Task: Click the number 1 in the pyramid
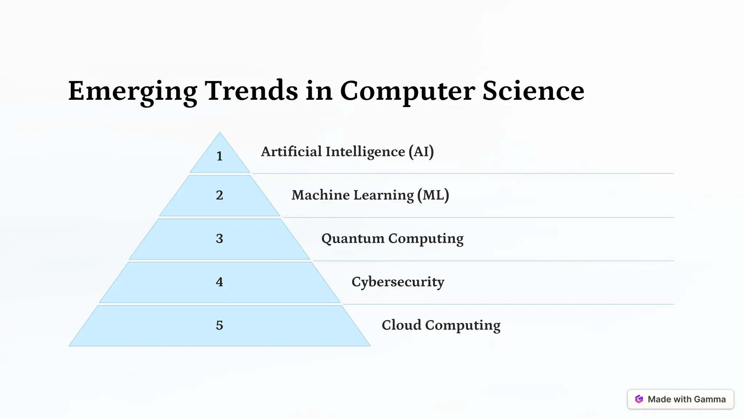click(x=219, y=156)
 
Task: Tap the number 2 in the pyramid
click(x=219, y=195)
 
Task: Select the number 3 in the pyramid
click(x=219, y=239)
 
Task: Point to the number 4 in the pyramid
click(x=219, y=282)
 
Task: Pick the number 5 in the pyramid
click(x=219, y=325)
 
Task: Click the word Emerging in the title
click(x=133, y=91)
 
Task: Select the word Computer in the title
click(x=407, y=91)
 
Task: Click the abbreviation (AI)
click(x=421, y=152)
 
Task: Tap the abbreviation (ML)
click(x=433, y=195)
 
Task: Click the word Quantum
click(x=352, y=239)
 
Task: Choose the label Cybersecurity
click(x=398, y=282)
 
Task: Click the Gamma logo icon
click(x=639, y=399)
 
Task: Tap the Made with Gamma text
click(x=687, y=399)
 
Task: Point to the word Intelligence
click(x=365, y=152)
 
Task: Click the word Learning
click(x=383, y=196)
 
